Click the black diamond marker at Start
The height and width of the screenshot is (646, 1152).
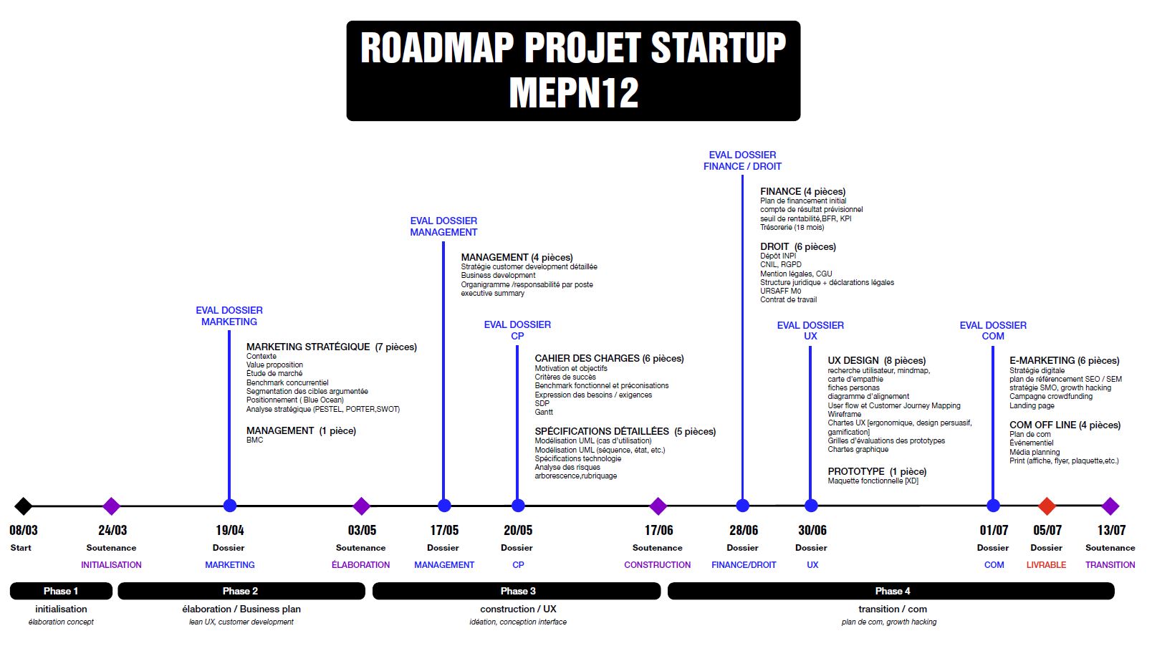(x=23, y=506)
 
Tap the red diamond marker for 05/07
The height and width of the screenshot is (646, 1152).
(x=1047, y=506)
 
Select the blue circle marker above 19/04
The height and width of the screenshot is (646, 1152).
(x=229, y=506)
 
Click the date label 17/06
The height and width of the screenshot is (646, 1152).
(x=658, y=530)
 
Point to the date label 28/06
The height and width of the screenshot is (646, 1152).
(x=743, y=530)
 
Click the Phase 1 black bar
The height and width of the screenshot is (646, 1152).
(x=61, y=591)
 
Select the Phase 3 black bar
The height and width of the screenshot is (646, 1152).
(x=517, y=591)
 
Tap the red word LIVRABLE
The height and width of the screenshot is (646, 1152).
(x=1046, y=565)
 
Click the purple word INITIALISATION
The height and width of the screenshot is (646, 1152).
(x=111, y=565)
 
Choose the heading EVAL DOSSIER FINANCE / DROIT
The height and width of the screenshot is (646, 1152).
(x=742, y=160)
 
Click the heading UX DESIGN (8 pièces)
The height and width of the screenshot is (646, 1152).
(x=876, y=360)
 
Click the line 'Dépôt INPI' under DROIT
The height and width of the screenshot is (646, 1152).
(x=778, y=256)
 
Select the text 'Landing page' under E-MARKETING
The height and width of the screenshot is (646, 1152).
(x=1032, y=405)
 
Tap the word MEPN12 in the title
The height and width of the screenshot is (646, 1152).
(x=573, y=93)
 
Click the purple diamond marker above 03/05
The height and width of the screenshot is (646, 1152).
(x=361, y=506)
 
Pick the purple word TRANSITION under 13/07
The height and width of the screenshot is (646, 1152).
(x=1110, y=565)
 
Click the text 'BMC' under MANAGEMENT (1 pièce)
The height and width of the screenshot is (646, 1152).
(x=254, y=440)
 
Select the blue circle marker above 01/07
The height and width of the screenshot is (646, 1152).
(x=993, y=506)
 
